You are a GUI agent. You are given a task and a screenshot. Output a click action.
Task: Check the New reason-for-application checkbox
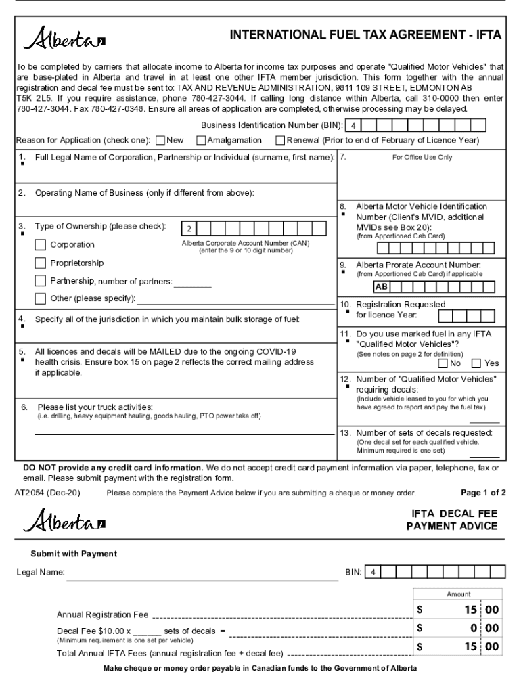(160, 141)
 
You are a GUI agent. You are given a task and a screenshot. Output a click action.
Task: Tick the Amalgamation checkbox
(201, 141)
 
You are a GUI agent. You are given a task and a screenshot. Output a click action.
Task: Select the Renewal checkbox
(280, 141)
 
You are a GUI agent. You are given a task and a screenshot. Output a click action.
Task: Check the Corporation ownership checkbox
(41, 244)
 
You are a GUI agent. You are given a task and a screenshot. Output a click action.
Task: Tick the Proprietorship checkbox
(41, 263)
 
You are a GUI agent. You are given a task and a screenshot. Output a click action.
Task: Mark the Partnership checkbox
(41, 280)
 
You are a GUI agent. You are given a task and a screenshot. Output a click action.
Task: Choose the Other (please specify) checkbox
(41, 298)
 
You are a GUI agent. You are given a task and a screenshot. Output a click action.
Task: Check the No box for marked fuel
(443, 363)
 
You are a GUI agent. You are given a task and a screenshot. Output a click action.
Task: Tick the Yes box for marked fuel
(476, 363)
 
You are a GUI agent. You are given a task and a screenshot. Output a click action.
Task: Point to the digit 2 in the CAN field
(189, 228)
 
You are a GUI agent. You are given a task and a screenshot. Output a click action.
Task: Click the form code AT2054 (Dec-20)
(47, 493)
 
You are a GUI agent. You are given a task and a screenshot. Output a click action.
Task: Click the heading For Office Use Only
(422, 157)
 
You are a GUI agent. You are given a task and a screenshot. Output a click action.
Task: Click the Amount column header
(458, 594)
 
